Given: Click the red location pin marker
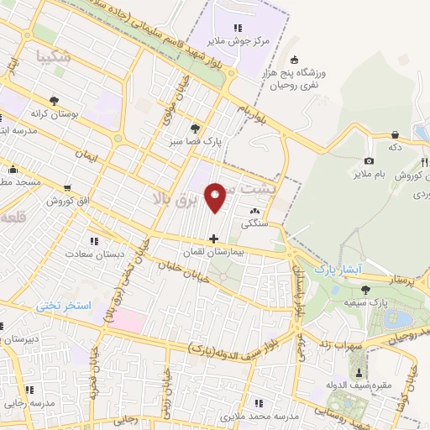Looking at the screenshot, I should click(x=217, y=197).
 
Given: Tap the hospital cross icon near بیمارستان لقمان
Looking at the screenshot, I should click(x=214, y=238).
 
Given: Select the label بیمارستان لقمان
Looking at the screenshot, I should click(x=213, y=251).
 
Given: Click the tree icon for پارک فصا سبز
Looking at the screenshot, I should click(x=195, y=128).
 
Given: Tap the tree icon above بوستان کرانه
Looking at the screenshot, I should click(x=55, y=98).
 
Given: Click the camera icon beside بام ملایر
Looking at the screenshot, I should click(x=369, y=161).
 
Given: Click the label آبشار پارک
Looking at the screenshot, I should click(x=337, y=270).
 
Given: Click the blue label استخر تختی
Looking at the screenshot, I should click(x=63, y=307).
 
